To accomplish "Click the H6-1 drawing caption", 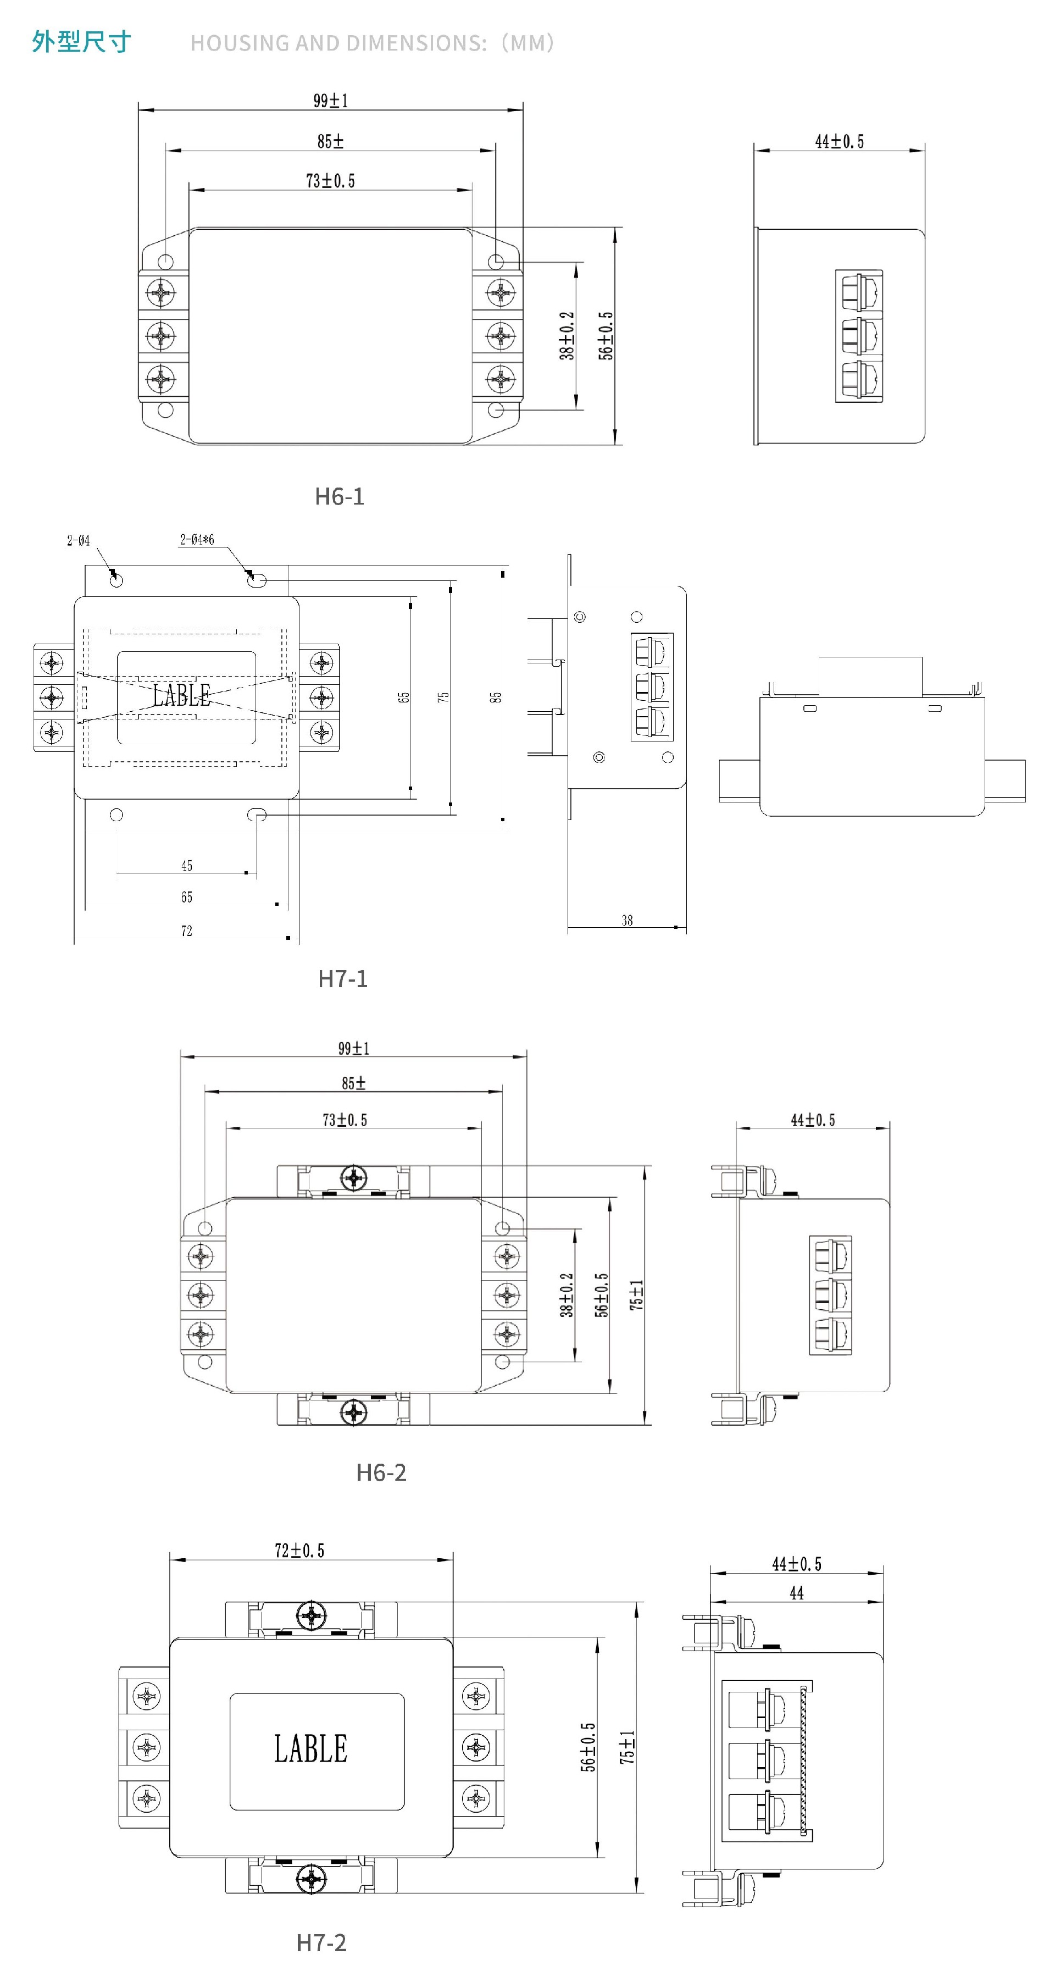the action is click(339, 496).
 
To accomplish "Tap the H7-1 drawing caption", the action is click(343, 978).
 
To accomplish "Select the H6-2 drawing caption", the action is click(381, 1471).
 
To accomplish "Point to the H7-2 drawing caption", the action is click(321, 1942).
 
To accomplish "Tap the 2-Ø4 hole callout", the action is click(78, 540).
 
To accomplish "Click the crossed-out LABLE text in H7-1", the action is click(181, 695).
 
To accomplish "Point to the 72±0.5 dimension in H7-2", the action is click(299, 1551).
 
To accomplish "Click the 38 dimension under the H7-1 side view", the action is click(628, 921).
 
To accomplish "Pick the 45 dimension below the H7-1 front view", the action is click(187, 865).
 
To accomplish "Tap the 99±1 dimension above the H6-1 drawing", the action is click(330, 100).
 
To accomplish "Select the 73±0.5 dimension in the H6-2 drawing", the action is click(345, 1120).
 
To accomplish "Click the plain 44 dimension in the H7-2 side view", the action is click(796, 1592).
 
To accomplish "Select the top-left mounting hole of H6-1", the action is click(165, 262).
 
